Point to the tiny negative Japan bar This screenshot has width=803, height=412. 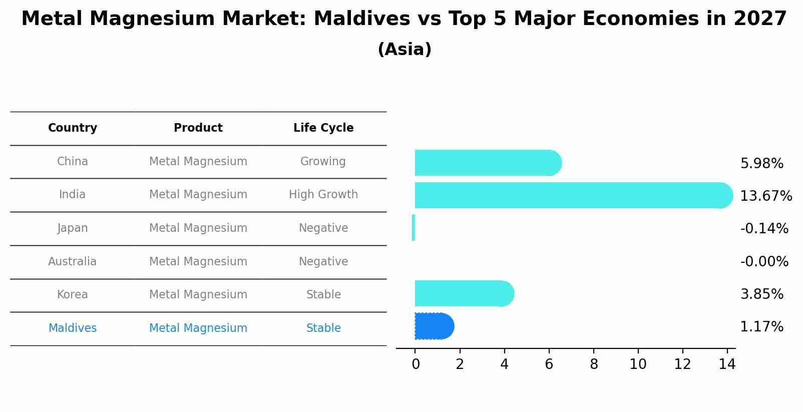coord(414,228)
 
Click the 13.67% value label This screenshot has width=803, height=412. coord(765,196)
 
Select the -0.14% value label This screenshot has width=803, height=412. coord(764,229)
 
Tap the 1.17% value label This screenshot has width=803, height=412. coord(761,327)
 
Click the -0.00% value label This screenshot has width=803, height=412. coord(764,261)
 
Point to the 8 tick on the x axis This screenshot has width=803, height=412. coord(594,364)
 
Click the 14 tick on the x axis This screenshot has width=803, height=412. coord(727,364)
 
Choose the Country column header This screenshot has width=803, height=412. coord(73,128)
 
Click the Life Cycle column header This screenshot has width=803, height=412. coord(323,128)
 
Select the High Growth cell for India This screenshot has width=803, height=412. coord(323,194)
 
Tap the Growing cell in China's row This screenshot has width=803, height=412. coord(323,161)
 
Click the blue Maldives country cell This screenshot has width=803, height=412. coord(73,328)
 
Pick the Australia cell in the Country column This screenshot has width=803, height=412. coord(73,261)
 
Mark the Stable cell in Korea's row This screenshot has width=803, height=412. coord(323,294)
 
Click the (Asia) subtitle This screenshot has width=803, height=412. coord(405,50)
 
